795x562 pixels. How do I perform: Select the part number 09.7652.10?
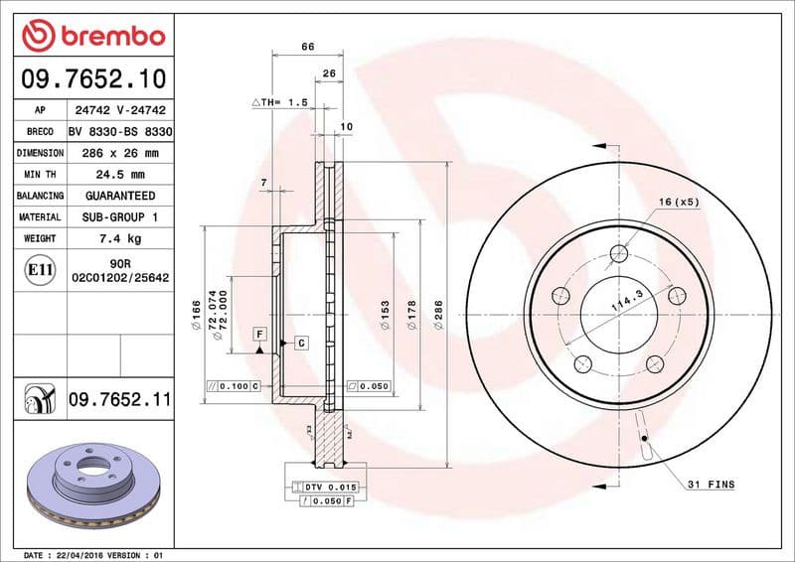click(91, 77)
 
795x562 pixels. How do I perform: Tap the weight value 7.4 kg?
click(120, 238)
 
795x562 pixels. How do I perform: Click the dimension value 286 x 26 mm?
click(120, 153)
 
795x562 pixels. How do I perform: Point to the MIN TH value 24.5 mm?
click(120, 175)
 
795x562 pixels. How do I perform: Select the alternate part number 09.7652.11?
click(120, 399)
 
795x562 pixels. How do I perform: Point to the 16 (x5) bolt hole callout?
click(679, 203)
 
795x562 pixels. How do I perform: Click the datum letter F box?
click(258, 334)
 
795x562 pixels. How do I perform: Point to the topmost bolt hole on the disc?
click(619, 252)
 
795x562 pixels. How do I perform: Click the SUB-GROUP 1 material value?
click(120, 216)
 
